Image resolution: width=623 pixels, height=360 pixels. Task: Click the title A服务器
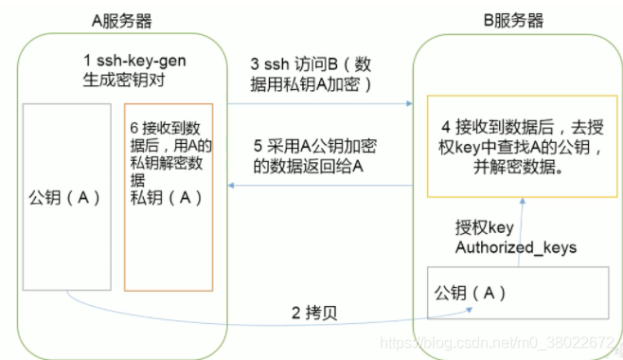click(121, 21)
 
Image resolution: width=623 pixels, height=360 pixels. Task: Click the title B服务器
click(513, 20)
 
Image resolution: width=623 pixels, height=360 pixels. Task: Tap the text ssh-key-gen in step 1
click(141, 62)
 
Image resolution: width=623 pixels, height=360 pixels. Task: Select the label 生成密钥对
click(124, 80)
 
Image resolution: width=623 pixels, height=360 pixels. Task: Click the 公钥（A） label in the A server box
click(64, 197)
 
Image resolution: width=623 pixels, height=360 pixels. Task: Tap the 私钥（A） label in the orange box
click(166, 197)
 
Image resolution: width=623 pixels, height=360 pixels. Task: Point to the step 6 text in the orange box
click(170, 153)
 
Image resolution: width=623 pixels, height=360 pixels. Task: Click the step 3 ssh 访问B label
click(311, 74)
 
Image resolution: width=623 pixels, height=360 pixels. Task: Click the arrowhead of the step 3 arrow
click(410, 103)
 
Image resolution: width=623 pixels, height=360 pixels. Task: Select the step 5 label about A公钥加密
click(314, 156)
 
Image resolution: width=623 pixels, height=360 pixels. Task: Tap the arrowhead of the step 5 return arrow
click(231, 185)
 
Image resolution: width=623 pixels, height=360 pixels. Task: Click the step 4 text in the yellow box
click(522, 147)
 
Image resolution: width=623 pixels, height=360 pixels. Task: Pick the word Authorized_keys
click(516, 247)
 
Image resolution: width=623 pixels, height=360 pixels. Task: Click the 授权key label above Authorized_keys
click(485, 227)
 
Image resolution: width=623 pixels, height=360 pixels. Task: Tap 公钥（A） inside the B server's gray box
click(470, 294)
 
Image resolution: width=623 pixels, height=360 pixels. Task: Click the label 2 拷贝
click(314, 314)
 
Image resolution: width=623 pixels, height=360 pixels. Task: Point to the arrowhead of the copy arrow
click(470, 310)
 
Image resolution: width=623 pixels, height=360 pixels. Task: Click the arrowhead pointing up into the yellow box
click(523, 201)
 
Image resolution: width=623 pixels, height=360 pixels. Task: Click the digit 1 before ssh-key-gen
click(87, 61)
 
